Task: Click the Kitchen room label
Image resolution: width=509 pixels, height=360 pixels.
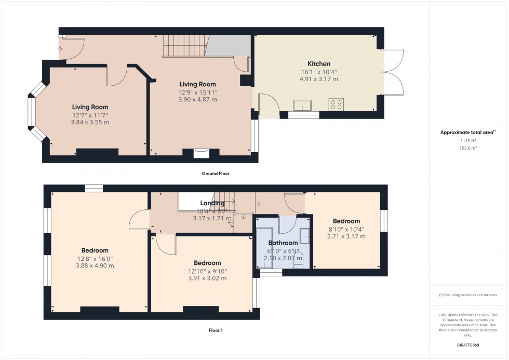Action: click(x=319, y=63)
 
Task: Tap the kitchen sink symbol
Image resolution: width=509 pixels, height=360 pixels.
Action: click(x=302, y=105)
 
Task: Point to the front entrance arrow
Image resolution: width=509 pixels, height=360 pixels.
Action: click(x=59, y=49)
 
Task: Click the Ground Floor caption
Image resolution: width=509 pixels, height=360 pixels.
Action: click(x=216, y=174)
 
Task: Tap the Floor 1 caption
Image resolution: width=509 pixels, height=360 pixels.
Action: click(x=216, y=330)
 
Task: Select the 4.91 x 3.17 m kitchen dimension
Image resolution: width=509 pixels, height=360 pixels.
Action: click(x=319, y=79)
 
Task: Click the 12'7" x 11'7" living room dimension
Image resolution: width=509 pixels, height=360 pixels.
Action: click(x=90, y=115)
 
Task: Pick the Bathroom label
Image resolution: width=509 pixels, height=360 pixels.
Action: click(x=283, y=243)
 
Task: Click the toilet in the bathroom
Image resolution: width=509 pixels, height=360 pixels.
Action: click(x=298, y=260)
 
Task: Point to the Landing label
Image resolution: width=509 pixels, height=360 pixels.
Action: click(x=212, y=203)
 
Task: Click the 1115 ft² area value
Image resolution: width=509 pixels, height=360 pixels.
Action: click(x=468, y=141)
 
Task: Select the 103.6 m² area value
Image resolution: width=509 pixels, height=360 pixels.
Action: click(x=468, y=148)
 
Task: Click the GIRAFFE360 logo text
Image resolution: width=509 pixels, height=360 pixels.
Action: click(x=468, y=345)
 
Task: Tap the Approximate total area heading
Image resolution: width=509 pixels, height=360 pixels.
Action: click(x=468, y=132)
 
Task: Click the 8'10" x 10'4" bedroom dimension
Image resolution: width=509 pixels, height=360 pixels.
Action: click(x=346, y=230)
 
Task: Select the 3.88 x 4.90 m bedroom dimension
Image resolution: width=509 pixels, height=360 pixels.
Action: click(x=95, y=265)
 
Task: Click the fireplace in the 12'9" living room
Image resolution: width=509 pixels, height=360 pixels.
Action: click(x=202, y=153)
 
